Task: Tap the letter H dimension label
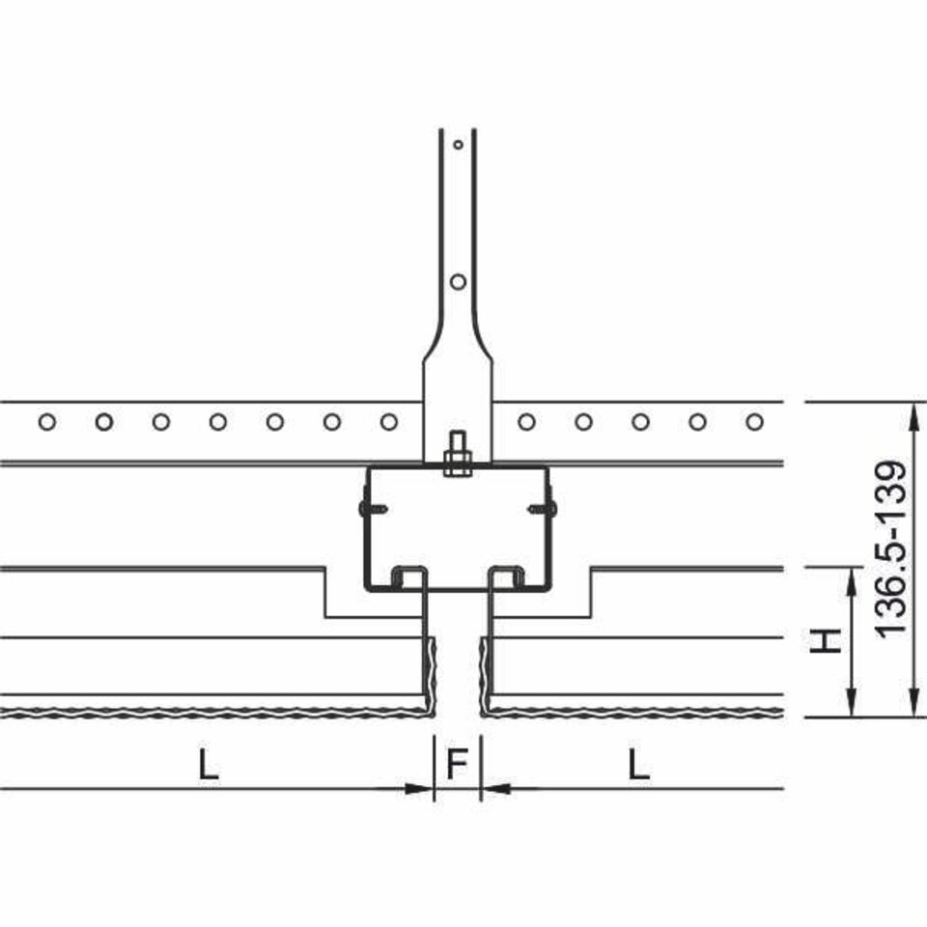826,641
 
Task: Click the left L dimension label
208,764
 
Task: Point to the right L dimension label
638,764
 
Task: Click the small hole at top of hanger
458,144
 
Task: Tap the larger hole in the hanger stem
458,282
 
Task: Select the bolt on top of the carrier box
458,454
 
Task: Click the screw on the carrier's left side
373,508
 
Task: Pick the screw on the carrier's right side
543,508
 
